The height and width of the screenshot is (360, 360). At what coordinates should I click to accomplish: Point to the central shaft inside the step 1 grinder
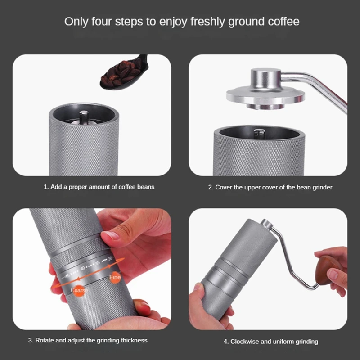(84, 118)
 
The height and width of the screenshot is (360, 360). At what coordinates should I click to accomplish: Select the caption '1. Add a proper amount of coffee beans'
(99, 187)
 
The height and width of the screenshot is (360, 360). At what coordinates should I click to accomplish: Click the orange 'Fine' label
(115, 278)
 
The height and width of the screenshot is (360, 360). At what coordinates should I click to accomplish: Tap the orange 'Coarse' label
(79, 290)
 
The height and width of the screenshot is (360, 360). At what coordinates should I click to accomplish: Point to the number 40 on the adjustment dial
(82, 268)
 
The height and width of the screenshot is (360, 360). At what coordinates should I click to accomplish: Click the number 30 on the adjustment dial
(110, 258)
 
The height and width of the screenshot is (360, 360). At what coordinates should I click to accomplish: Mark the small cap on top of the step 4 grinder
(267, 224)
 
